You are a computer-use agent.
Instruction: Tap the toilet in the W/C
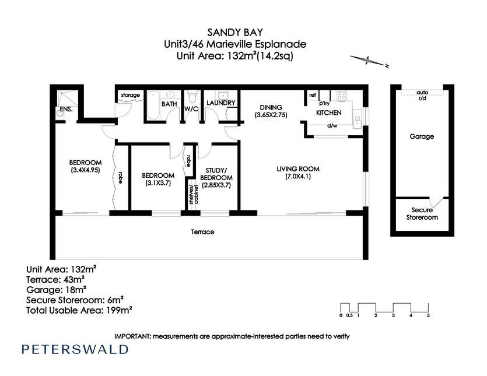(x=192, y=97)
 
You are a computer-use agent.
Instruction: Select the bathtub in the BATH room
(x=153, y=106)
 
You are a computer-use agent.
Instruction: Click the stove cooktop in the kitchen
(x=342, y=96)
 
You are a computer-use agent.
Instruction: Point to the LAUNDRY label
(x=221, y=103)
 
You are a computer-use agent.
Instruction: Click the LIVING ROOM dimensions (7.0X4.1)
(x=298, y=177)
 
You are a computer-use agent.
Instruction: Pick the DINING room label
(x=271, y=107)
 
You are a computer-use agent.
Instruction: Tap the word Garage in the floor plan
(x=422, y=136)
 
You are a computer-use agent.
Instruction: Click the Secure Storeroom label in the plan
(x=422, y=213)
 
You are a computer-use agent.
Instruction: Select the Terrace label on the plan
(x=202, y=231)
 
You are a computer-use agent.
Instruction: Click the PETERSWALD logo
(x=75, y=349)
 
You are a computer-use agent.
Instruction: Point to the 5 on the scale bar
(x=428, y=315)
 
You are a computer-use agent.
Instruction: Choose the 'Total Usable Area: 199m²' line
(x=79, y=310)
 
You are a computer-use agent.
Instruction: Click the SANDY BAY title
(x=235, y=32)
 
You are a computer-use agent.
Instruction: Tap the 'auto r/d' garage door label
(x=422, y=96)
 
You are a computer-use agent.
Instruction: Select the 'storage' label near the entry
(x=131, y=95)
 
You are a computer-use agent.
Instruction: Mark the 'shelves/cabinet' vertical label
(x=194, y=194)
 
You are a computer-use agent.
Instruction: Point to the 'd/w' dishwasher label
(x=332, y=125)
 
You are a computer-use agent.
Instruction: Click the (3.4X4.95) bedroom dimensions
(x=85, y=170)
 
